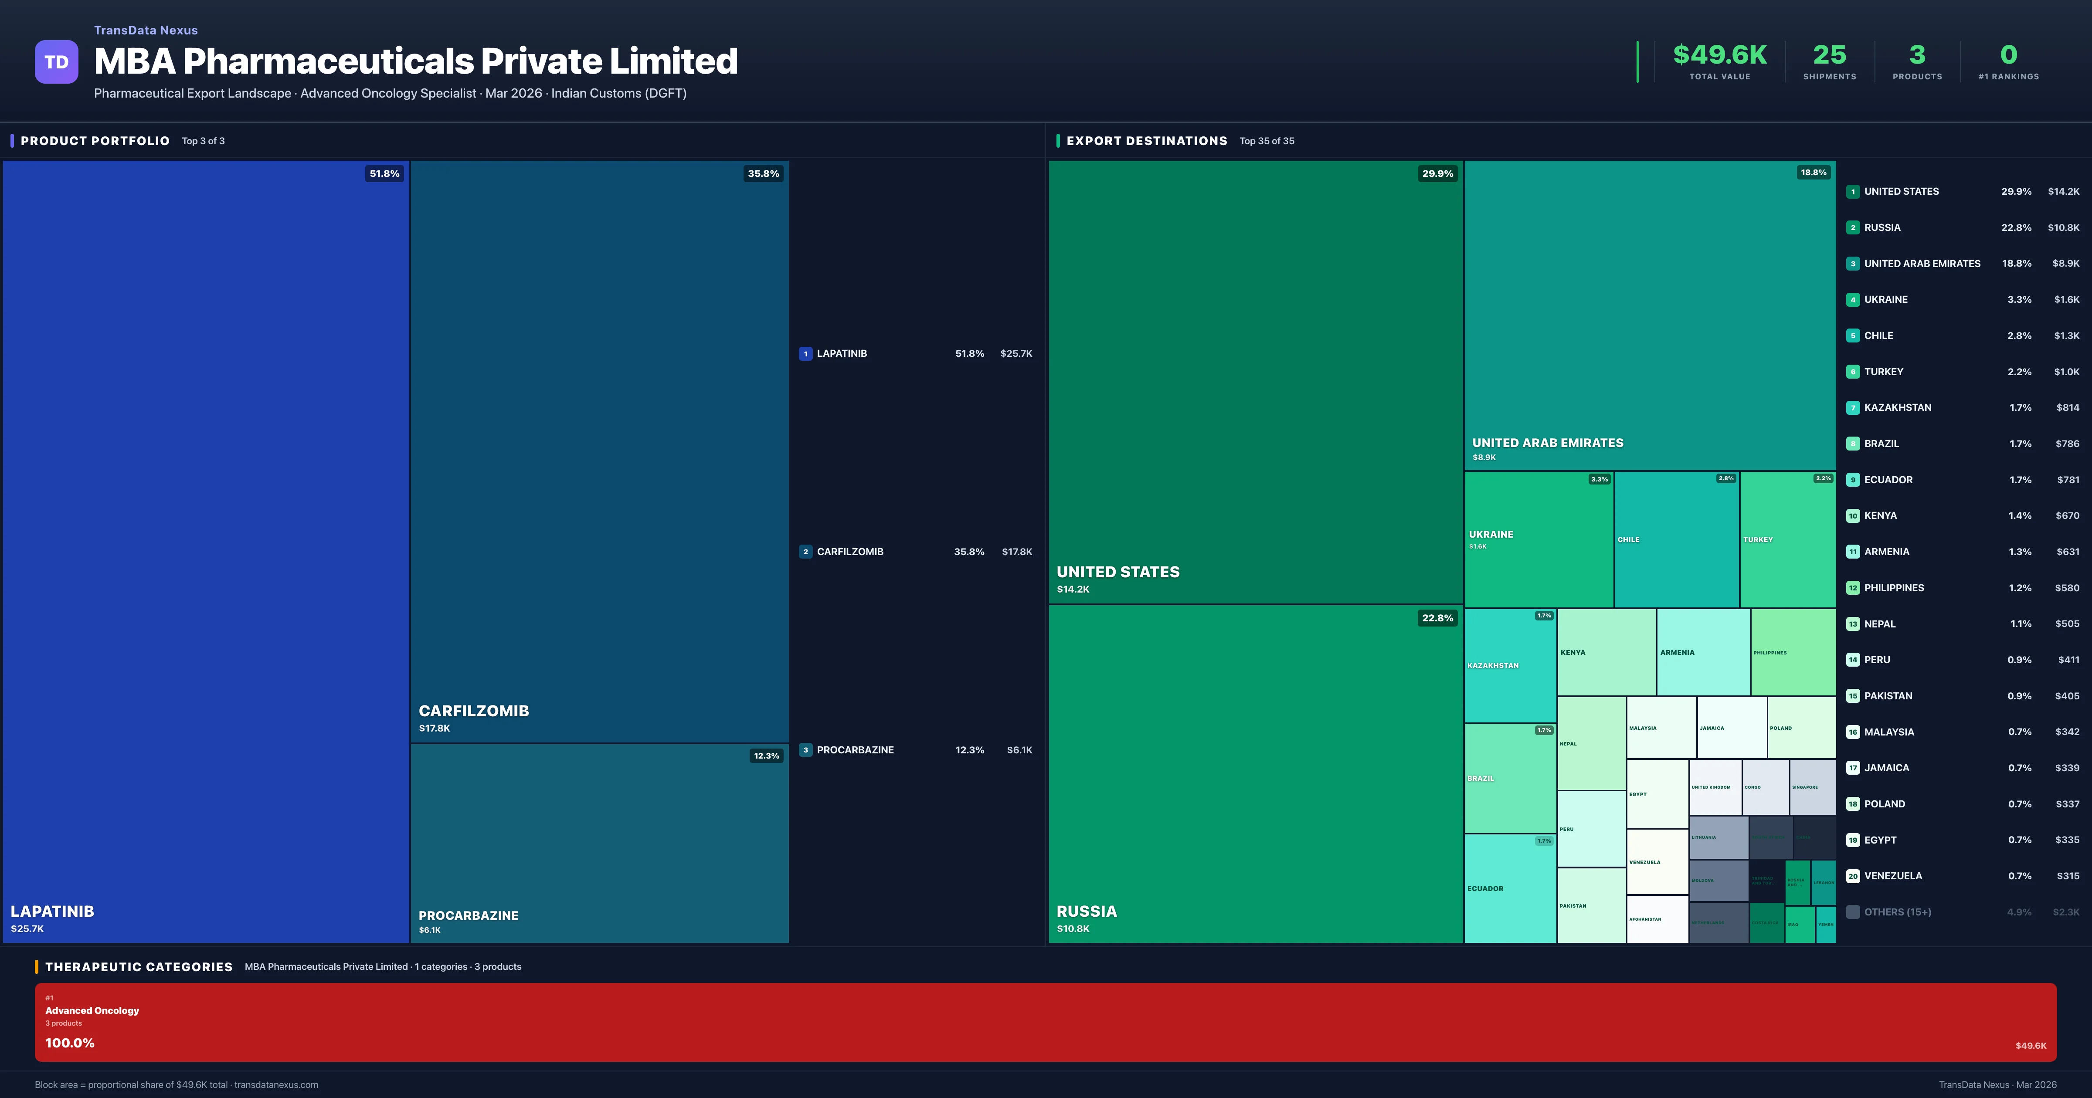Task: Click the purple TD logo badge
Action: pyautogui.click(x=56, y=62)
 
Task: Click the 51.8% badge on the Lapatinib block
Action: pyautogui.click(x=384, y=174)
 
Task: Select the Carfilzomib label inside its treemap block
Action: pyautogui.click(x=473, y=711)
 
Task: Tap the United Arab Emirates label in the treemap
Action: pyautogui.click(x=1547, y=443)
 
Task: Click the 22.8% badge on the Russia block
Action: pyautogui.click(x=1437, y=618)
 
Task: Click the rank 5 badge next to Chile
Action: pyautogui.click(x=1852, y=335)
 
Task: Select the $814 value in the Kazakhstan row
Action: pyautogui.click(x=2067, y=408)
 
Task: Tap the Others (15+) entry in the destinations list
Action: pyautogui.click(x=1897, y=912)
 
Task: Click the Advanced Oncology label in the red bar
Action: pyautogui.click(x=92, y=1010)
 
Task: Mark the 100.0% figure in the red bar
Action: pyautogui.click(x=70, y=1043)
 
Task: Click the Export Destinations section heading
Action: pyautogui.click(x=1146, y=140)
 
